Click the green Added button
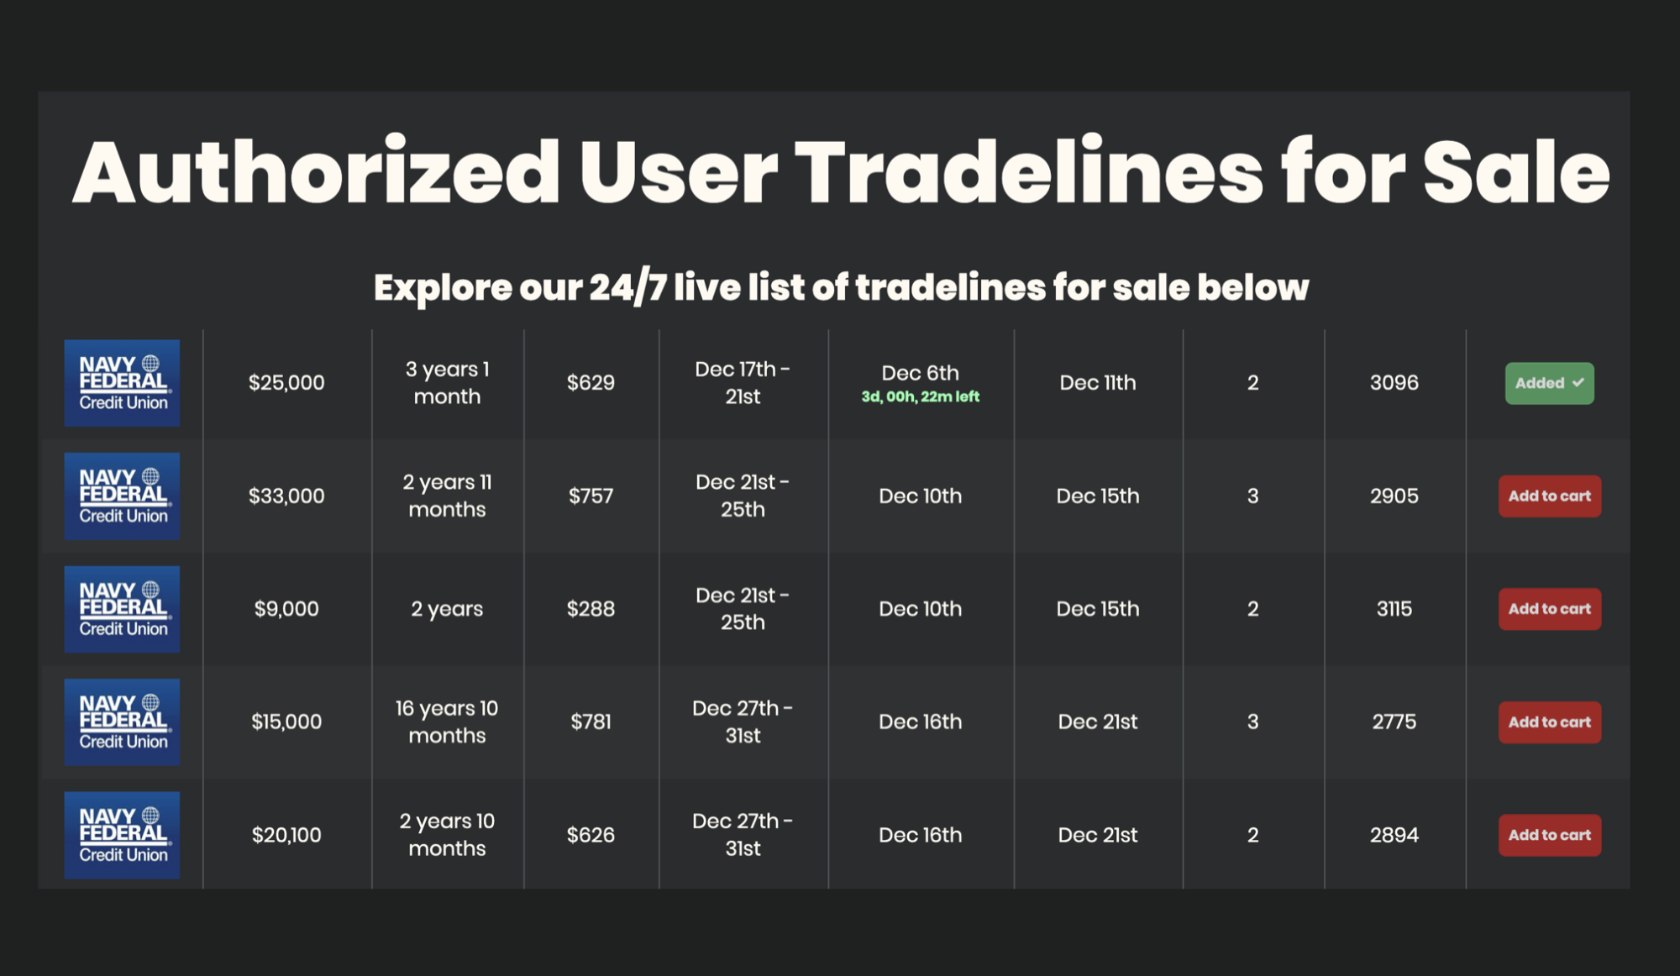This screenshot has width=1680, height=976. point(1549,383)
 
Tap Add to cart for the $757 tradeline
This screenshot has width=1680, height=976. point(1550,496)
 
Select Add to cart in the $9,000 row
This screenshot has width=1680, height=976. point(1550,609)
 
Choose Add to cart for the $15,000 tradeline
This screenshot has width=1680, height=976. point(1550,722)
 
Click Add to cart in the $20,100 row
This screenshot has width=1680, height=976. point(1550,835)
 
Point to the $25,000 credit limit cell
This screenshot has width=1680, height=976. point(286,383)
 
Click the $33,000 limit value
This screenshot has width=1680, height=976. point(286,496)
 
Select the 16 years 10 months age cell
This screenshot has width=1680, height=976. point(447,722)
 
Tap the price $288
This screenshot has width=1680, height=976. point(591,609)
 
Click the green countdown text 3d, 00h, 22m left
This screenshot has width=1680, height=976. point(921,396)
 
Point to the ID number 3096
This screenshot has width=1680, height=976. point(1394,383)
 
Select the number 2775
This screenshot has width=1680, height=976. point(1394,722)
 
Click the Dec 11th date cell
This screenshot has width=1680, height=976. point(1098,383)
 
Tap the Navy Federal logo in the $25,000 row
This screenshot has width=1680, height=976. point(122,383)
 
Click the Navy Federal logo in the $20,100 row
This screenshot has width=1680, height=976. point(122,835)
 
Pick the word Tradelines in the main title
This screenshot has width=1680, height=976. point(1028,172)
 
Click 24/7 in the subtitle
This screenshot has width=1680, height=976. point(627,288)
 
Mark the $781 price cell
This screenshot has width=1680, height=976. point(591,722)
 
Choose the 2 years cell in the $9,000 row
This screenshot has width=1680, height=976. point(447,609)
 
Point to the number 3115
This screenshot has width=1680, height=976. point(1394,609)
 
